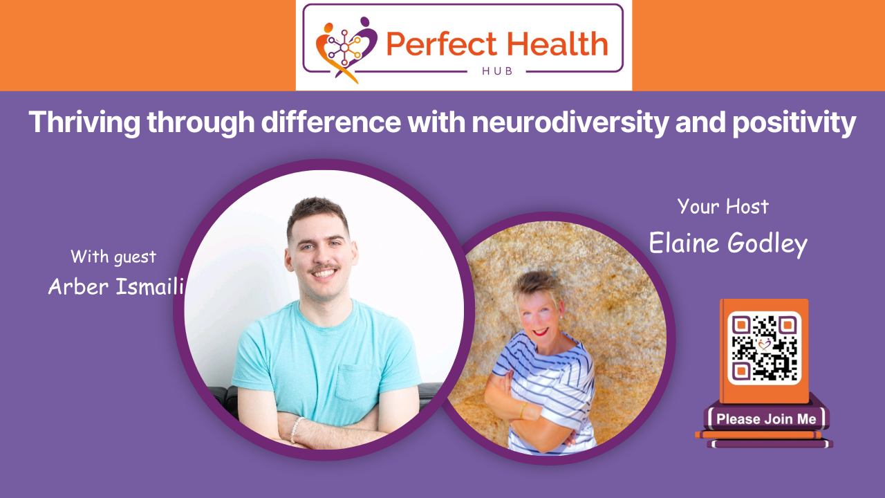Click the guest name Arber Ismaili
coord(115,286)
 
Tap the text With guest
coord(113,257)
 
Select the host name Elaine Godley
coord(727,243)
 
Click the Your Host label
coord(723,206)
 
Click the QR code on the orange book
coord(764,348)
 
